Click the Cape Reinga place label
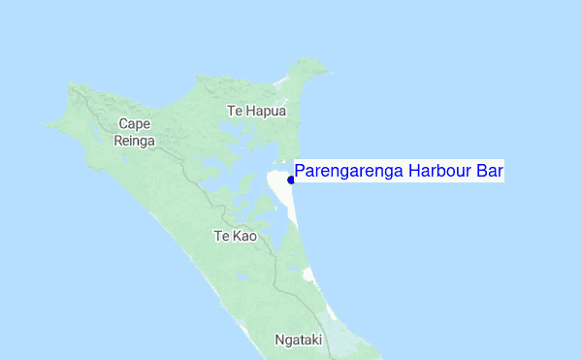pos(136,132)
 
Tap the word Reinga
pos(136,141)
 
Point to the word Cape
pos(136,123)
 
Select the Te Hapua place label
pos(257,111)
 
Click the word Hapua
pos(266,111)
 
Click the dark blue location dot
pos(291,180)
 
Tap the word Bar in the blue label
pos(491,172)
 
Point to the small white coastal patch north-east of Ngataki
pos(309,276)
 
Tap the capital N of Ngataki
pos(280,341)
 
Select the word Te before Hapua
pos(234,111)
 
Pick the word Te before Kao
pos(219,236)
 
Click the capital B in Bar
pos(482,172)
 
